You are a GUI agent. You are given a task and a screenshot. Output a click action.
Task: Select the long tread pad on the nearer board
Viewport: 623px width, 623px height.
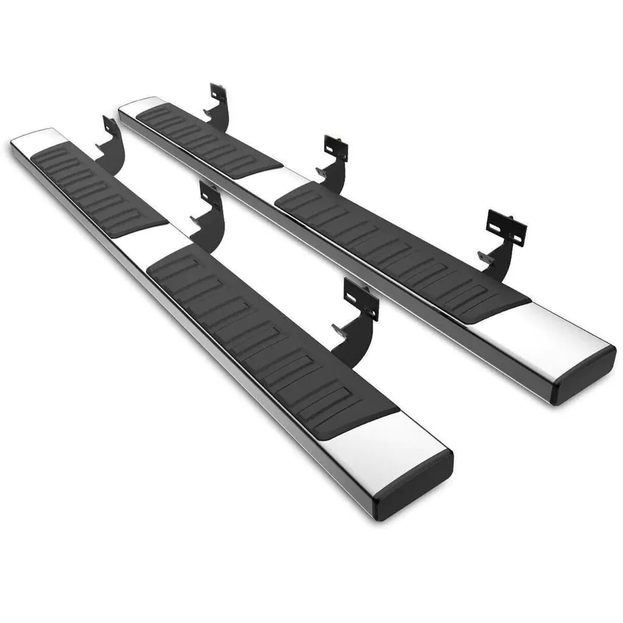[x=268, y=335]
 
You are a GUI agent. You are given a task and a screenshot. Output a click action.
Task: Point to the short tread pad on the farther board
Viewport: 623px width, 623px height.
[x=207, y=137]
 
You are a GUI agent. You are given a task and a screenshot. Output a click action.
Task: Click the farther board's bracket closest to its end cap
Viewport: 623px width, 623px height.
[x=503, y=240]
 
